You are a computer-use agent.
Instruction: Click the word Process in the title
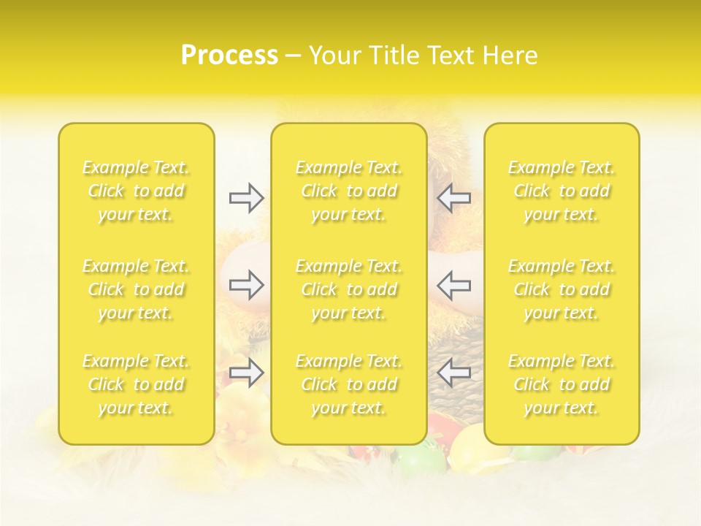229,56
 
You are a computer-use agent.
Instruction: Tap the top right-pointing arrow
246,198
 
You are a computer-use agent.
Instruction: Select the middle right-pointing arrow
246,284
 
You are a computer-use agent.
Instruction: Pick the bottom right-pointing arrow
246,373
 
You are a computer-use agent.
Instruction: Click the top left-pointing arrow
454,198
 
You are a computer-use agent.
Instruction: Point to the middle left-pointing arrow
454,284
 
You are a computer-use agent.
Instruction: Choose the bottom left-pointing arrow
454,373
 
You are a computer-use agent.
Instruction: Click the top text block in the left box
136,191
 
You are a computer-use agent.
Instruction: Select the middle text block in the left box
136,289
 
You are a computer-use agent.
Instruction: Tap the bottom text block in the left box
136,384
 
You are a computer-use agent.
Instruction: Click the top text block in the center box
349,191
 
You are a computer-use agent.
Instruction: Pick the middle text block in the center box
349,289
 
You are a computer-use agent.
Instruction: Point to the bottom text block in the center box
349,384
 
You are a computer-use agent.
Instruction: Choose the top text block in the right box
562,191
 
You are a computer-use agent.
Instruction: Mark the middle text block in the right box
562,289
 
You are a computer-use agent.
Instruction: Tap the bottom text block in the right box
562,384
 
